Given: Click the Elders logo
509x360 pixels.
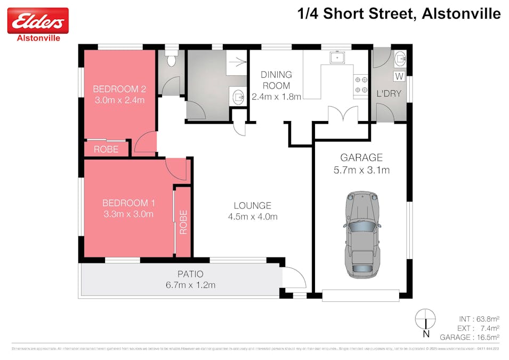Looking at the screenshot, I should tap(37, 21).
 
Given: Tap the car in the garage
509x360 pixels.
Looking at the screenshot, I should tap(363, 234).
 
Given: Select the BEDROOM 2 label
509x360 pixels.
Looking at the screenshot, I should tap(119, 89).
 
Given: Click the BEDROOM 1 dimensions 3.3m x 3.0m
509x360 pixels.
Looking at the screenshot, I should tap(128, 214).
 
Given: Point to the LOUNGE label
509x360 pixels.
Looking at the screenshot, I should tap(253, 205).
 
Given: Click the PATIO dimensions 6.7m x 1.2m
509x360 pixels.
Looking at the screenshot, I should tap(190, 285).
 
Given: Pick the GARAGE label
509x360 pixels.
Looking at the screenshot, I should tap(361, 158).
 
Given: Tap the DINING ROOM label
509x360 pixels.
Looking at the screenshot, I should tap(276, 80).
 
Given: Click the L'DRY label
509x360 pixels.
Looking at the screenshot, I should tap(389, 94).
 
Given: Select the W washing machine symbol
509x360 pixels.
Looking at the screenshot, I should tap(399, 76).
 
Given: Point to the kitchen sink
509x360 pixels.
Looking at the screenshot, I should tap(336, 57).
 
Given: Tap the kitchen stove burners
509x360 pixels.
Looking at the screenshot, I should tap(361, 84).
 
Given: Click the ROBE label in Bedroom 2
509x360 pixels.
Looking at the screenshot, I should tap(106, 149).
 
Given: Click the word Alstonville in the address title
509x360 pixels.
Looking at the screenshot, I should tap(461, 13).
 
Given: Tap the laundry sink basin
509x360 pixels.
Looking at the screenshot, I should tap(400, 58).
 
